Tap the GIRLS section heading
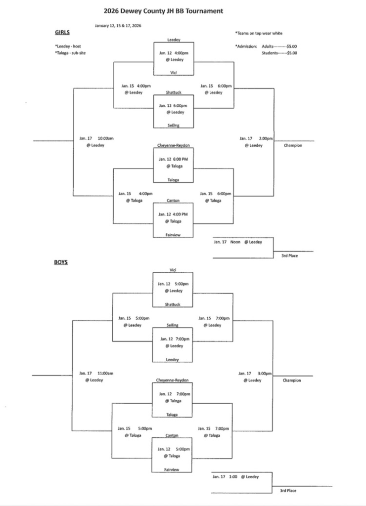(x=62, y=33)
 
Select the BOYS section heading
(x=61, y=262)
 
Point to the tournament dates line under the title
(x=118, y=26)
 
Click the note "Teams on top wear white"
(x=259, y=33)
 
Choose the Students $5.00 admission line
(x=279, y=52)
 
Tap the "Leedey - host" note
(x=67, y=46)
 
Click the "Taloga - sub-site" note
(x=70, y=53)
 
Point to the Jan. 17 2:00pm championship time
(x=256, y=138)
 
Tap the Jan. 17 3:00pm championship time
(x=255, y=373)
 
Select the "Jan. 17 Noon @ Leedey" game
(x=237, y=242)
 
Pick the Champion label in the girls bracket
(x=293, y=145)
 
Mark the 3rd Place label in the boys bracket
(x=288, y=490)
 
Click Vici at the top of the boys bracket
(x=173, y=270)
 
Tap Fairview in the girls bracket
(x=173, y=235)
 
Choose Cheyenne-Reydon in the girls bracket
(x=174, y=146)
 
